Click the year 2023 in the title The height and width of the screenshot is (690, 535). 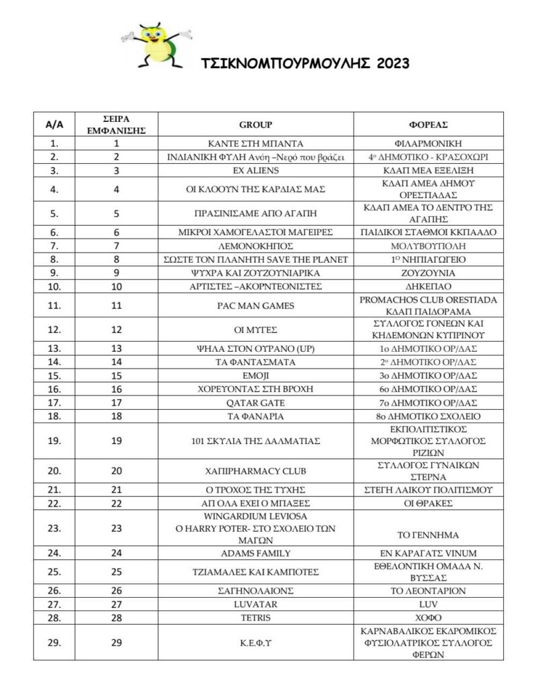tap(388, 64)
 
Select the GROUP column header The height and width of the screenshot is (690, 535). tap(255, 125)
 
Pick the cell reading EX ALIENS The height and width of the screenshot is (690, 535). tap(255, 170)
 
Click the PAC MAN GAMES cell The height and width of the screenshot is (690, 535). tap(255, 305)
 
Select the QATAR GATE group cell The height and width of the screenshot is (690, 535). tap(255, 402)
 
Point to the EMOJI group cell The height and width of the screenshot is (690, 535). tap(255, 375)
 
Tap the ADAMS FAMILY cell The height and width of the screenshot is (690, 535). tap(255, 554)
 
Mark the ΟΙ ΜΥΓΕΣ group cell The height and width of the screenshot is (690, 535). tap(255, 330)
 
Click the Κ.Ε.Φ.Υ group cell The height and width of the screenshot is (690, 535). tap(255, 642)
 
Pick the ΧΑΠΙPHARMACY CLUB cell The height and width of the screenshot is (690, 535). tap(255, 470)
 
